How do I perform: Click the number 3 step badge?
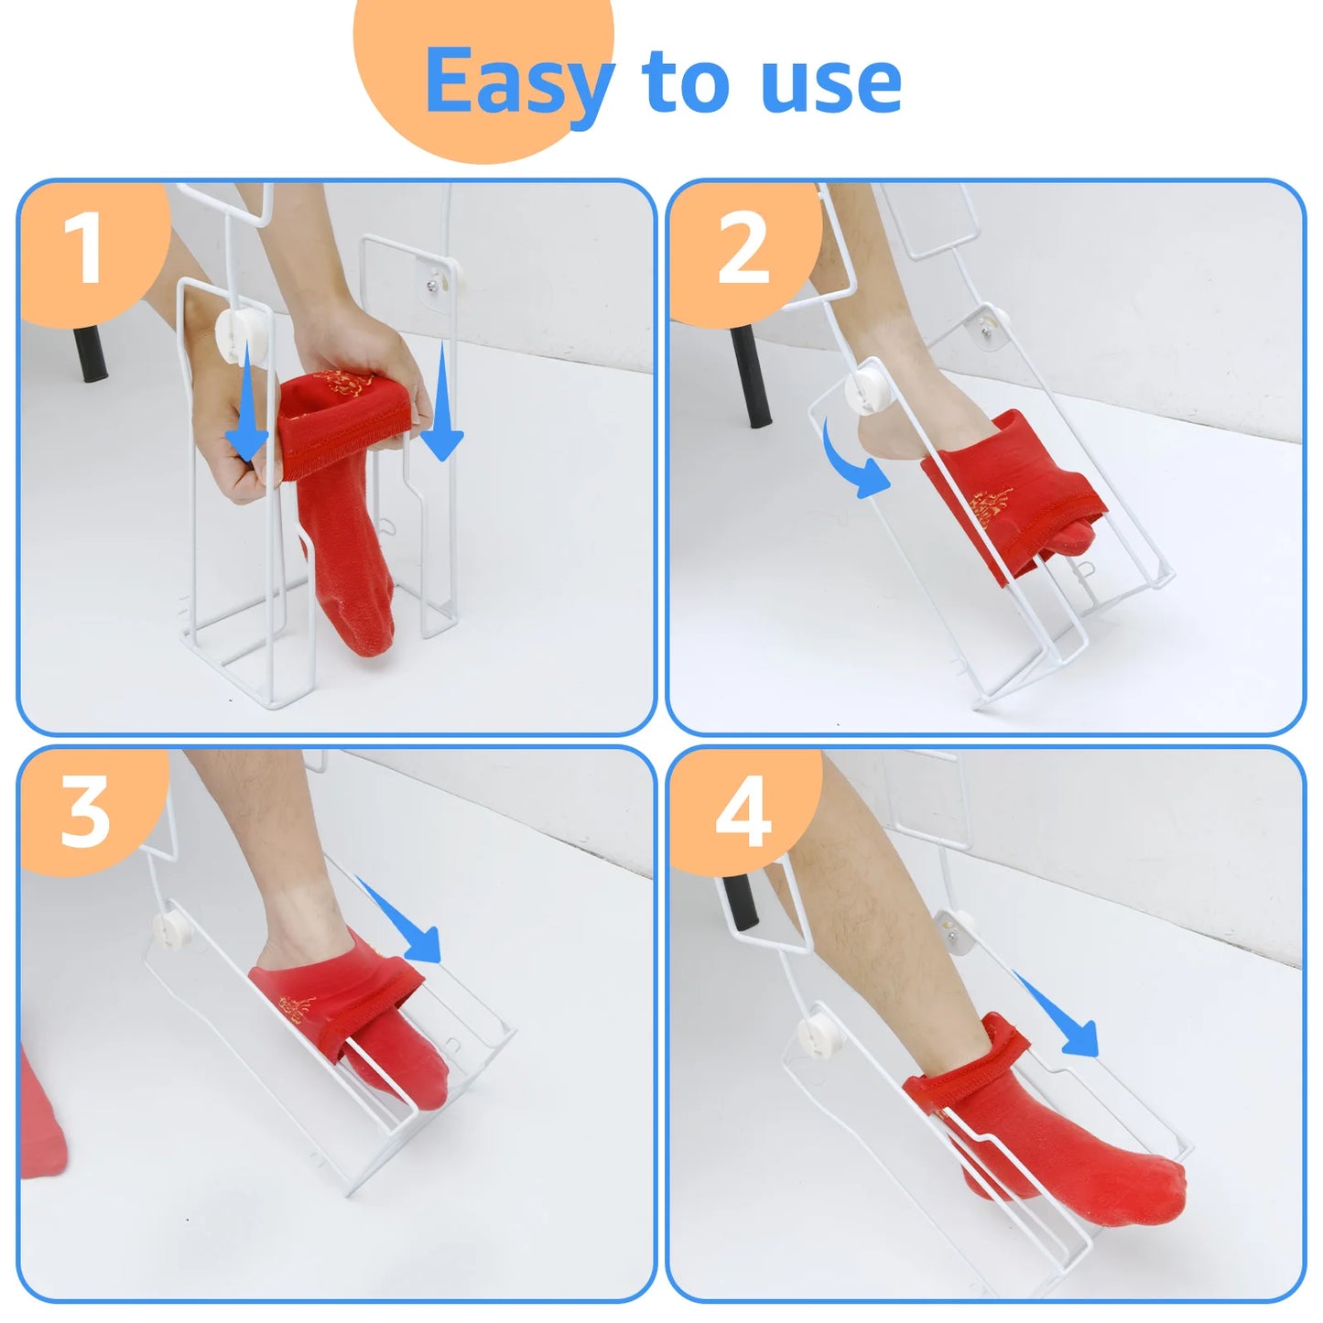point(85,812)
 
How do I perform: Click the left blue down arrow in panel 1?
point(245,403)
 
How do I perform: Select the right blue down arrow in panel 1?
point(444,407)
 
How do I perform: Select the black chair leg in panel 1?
point(90,352)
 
